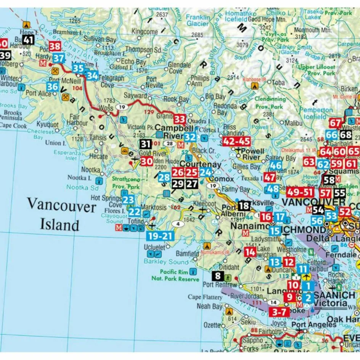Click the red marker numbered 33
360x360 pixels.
(180, 119)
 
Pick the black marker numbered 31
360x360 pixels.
(146, 144)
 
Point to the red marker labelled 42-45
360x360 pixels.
(236, 141)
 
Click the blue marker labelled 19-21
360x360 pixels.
(159, 236)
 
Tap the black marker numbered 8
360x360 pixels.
(218, 276)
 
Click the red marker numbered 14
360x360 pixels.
(250, 252)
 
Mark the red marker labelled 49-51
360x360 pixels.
(301, 191)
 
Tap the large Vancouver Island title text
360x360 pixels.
(62, 216)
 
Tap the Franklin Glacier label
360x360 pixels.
(198, 21)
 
